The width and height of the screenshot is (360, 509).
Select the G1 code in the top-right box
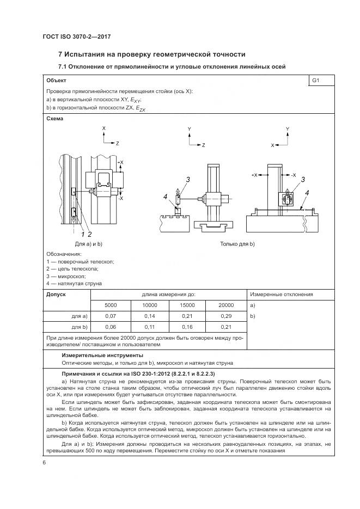[315, 81]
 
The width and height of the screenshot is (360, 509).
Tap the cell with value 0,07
[111, 316]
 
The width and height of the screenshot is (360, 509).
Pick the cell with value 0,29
[227, 316]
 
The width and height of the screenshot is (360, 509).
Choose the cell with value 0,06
[111, 327]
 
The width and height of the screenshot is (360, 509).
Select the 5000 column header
[111, 305]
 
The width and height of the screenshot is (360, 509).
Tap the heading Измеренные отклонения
[282, 295]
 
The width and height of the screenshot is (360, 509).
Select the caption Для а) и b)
[89, 243]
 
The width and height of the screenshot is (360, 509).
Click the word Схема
[55, 118]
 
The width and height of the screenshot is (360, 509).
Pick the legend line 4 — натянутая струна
[74, 283]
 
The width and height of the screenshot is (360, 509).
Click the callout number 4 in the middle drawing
[164, 198]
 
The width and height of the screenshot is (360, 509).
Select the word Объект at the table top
[57, 81]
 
